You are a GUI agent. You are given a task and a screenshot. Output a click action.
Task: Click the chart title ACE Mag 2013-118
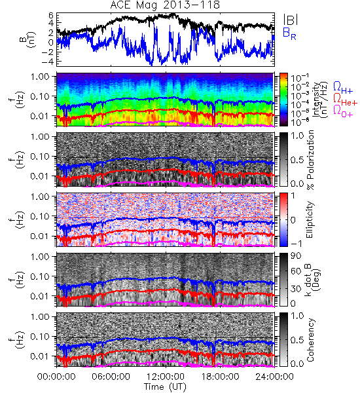[165, 5]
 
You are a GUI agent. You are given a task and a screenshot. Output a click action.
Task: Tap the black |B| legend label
[291, 20]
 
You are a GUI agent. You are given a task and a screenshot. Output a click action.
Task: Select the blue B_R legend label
[289, 33]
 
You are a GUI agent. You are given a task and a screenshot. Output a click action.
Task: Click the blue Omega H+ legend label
[343, 88]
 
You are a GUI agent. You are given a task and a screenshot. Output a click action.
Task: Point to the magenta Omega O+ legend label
[343, 111]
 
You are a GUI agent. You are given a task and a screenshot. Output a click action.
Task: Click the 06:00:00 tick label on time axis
[111, 377]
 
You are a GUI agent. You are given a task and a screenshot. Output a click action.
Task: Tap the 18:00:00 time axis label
[220, 377]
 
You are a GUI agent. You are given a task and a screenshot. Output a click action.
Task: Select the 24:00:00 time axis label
[274, 377]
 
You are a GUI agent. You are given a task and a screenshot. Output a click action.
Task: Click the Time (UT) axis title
[166, 386]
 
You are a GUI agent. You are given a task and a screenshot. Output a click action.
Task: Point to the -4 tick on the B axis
[48, 62]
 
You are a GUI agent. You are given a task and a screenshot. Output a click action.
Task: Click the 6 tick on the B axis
[51, 15]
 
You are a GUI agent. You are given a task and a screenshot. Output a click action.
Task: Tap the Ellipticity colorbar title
[310, 219]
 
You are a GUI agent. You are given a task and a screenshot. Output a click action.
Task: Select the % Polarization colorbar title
[310, 160]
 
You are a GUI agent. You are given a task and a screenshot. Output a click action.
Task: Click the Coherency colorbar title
[310, 340]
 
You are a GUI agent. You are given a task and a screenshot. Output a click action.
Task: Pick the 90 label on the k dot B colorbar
[295, 256]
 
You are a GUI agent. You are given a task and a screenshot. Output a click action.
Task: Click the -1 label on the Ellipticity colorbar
[296, 243]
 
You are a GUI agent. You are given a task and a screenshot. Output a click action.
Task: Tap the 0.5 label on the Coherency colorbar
[297, 340]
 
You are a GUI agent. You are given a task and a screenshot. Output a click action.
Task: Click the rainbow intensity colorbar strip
[283, 100]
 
